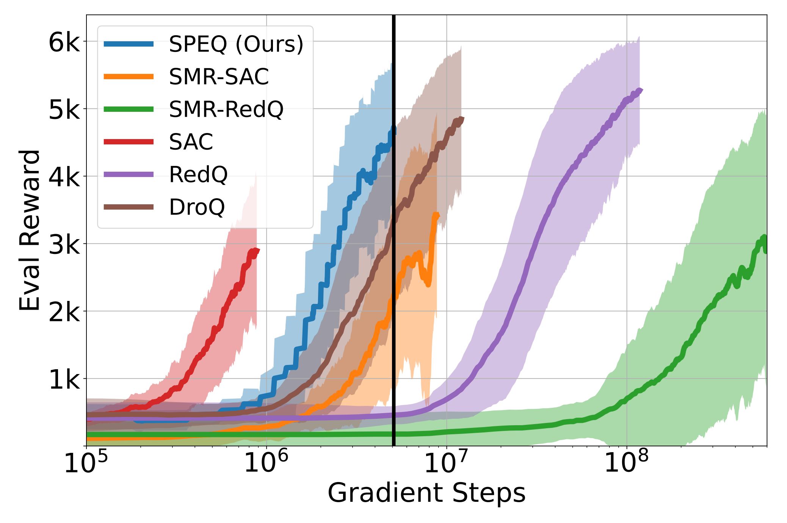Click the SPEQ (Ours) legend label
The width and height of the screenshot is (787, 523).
click(236, 44)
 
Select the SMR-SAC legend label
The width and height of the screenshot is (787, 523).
click(219, 77)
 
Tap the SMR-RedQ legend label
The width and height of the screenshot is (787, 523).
click(226, 109)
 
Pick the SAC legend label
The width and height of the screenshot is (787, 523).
click(191, 142)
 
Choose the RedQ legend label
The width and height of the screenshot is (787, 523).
click(198, 174)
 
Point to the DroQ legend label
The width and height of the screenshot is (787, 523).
click(197, 207)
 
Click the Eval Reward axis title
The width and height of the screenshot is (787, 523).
click(30, 230)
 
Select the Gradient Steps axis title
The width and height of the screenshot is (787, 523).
click(426, 493)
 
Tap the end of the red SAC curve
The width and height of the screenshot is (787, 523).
click(258, 250)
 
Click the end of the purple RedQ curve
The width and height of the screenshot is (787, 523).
click(641, 90)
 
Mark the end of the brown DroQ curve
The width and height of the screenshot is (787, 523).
click(462, 119)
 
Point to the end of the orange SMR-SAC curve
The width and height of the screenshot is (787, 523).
click(437, 215)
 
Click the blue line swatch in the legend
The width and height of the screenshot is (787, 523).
click(129, 44)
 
